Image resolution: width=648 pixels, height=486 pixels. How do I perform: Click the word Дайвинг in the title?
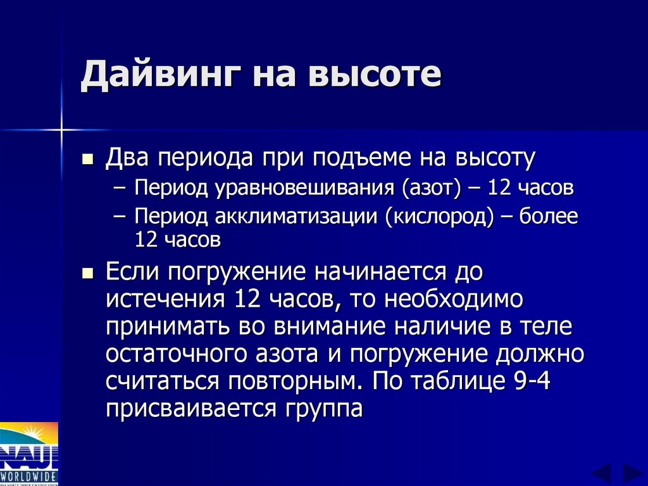(x=161, y=75)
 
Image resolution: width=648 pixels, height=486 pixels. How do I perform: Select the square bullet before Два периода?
(x=88, y=158)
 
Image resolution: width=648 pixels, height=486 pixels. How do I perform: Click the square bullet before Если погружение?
(x=88, y=273)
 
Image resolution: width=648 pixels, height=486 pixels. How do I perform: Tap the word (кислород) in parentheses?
(x=440, y=217)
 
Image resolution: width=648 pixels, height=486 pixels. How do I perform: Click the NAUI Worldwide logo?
(x=29, y=454)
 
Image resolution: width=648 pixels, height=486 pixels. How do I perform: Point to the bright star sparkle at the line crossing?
(x=62, y=131)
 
